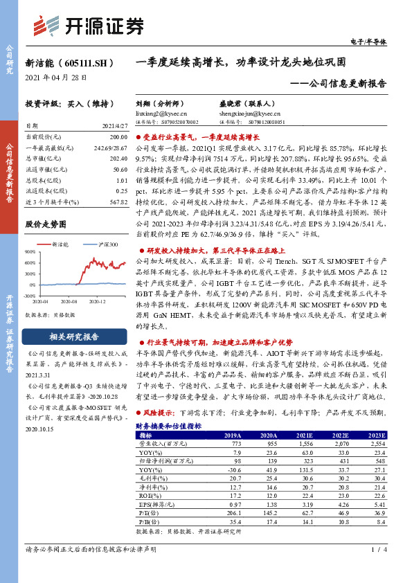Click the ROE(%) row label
148,495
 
